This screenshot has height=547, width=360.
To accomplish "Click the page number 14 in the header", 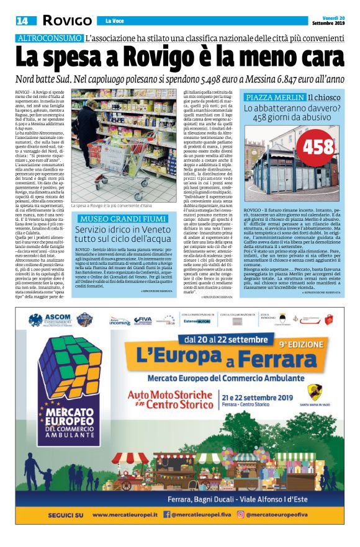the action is (x=22, y=22).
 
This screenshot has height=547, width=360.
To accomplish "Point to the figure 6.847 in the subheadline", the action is (x=295, y=79).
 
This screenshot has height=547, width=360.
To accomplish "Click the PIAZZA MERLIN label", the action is (x=274, y=98).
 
